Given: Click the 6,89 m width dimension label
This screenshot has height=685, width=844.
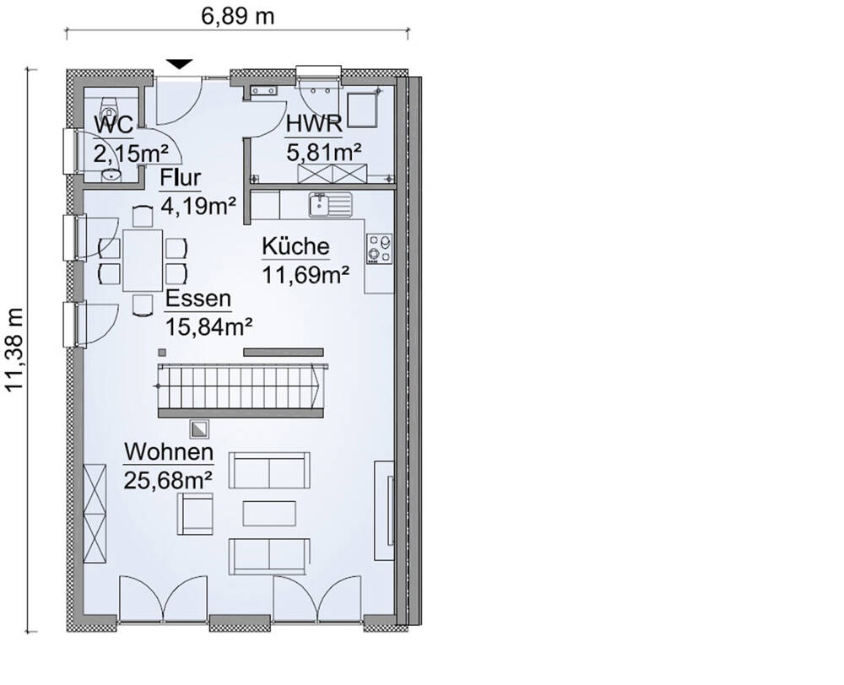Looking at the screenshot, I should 238,15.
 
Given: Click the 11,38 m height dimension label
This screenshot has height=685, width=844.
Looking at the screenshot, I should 14,350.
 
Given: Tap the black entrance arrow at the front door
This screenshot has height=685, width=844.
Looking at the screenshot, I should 178,64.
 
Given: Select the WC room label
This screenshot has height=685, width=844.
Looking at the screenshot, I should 113,125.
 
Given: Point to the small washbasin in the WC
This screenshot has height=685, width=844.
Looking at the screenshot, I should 110,175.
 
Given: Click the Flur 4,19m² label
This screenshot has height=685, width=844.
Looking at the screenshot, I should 197,191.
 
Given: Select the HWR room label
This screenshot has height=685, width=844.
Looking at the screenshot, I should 314,125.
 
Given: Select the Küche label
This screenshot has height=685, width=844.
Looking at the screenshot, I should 295,246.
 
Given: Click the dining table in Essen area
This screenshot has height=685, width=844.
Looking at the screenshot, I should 143,261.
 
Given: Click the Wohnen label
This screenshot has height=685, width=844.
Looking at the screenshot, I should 168,452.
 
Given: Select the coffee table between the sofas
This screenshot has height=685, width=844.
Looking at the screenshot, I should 269,513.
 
